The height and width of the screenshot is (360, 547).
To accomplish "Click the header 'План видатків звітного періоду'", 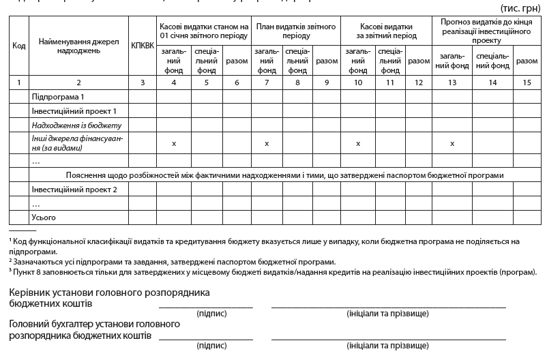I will (295, 31).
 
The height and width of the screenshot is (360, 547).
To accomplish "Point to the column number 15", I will (526, 82).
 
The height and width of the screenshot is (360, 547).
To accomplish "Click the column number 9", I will (327, 82).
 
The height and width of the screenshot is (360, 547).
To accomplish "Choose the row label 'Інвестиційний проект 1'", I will (74, 111).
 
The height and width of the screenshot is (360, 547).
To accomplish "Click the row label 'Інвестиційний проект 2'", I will (74, 190).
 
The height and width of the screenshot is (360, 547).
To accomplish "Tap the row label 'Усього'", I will (44, 217).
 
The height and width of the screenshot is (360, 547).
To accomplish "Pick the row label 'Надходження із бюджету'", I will (75, 125).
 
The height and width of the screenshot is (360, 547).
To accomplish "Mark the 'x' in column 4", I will (175, 143).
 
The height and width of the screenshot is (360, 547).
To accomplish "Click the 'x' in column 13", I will (452, 143).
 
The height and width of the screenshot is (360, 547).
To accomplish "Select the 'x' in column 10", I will (358, 143).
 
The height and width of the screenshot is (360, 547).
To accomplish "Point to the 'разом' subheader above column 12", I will (418, 61).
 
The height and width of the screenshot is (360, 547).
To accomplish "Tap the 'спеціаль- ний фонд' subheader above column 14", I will (492, 61).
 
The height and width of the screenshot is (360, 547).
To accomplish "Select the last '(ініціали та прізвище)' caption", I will (387, 346).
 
